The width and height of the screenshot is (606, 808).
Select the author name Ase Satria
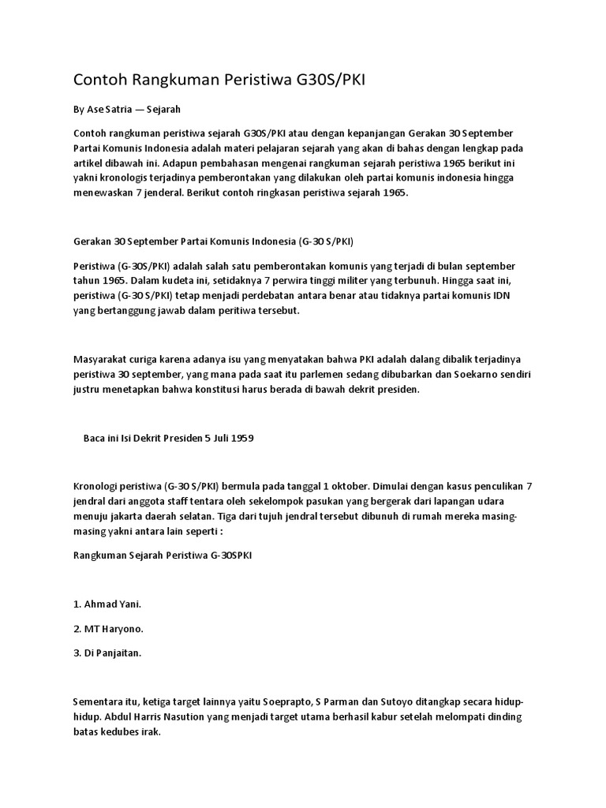(x=110, y=108)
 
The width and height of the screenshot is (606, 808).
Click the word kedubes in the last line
(x=118, y=732)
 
